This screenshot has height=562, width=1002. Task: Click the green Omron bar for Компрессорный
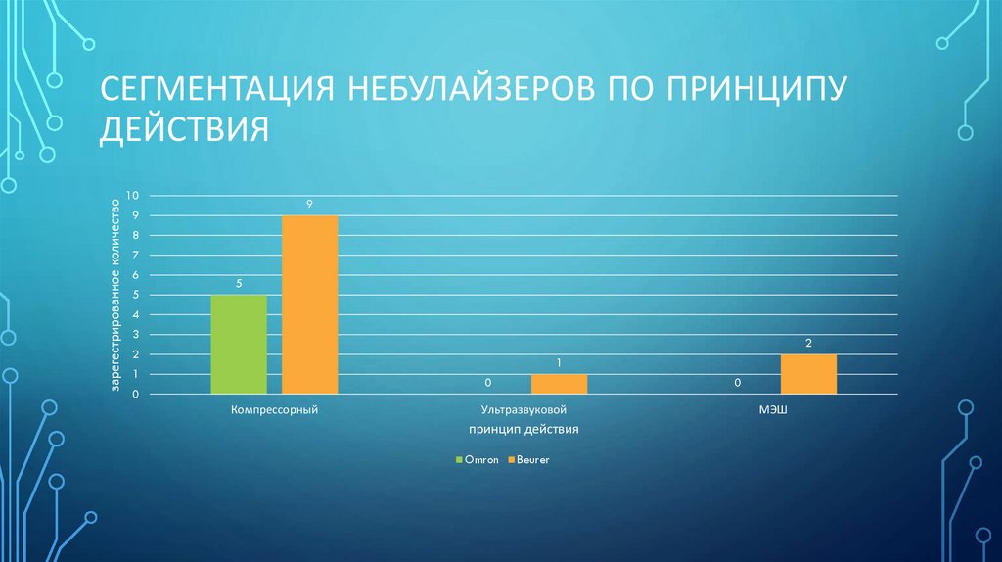pos(239,345)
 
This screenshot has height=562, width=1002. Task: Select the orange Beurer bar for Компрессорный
pos(309,304)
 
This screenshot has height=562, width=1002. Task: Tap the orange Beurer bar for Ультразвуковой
pos(560,384)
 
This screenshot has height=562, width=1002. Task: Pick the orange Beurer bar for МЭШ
pos(808,374)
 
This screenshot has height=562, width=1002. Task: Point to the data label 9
pos(309,204)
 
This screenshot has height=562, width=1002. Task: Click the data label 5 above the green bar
pos(239,284)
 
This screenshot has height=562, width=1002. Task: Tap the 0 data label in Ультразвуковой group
pos(488,383)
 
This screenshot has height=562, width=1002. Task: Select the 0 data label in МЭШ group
pos(738,383)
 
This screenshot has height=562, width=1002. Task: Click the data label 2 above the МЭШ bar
pos(808,343)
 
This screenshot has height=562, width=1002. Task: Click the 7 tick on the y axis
pos(136,256)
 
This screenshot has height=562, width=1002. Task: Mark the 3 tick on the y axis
pos(136,335)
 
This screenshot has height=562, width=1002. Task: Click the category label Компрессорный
pos(274,411)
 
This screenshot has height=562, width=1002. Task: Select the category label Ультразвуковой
pos(524,411)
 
